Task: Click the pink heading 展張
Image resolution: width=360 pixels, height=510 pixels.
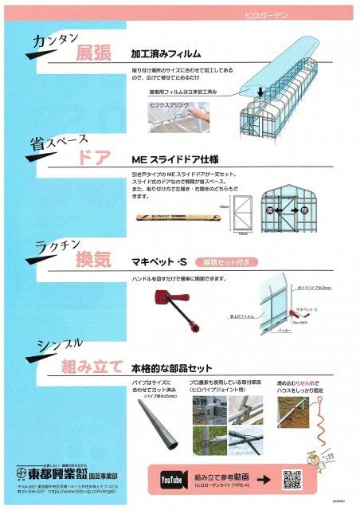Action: (94, 53)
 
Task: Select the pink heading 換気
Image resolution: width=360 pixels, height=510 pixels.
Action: (93, 260)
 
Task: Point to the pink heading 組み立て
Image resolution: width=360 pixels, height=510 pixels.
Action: (92, 367)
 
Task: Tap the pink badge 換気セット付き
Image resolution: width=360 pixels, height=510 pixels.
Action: (230, 261)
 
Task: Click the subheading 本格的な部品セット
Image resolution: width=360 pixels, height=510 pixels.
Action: (172, 368)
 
